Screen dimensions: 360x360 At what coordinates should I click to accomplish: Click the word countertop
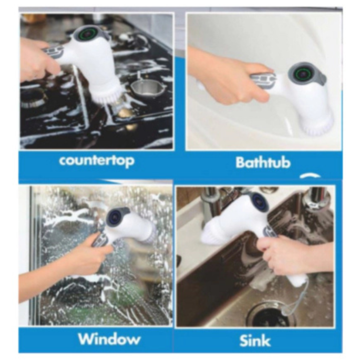pyautogui.click(x=96, y=160)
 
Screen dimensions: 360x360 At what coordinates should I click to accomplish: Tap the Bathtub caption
pyautogui.click(x=262, y=162)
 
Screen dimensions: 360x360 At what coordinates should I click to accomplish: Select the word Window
pyautogui.click(x=109, y=338)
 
